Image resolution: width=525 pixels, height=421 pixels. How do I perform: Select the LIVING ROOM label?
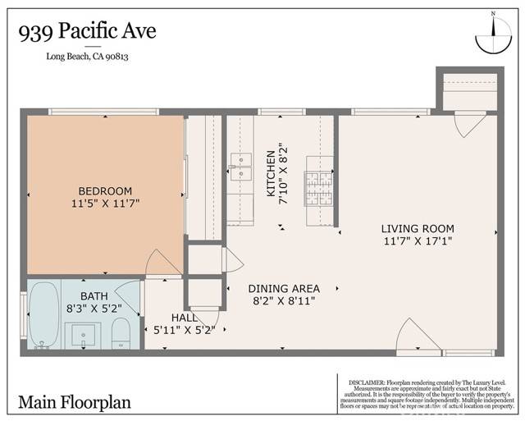(418, 229)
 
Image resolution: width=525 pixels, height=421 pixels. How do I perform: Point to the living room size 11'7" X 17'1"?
(418, 241)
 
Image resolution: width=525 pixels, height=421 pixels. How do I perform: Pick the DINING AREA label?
(283, 288)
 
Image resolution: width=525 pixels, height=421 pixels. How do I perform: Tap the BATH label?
(93, 296)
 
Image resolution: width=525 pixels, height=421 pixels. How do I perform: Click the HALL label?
(184, 318)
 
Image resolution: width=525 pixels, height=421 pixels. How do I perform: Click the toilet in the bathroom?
(121, 333)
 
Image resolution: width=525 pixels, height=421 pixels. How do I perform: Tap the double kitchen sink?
(240, 166)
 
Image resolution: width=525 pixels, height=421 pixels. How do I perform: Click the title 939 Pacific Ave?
(86, 32)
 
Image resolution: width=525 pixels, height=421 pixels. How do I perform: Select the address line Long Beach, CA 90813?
(87, 56)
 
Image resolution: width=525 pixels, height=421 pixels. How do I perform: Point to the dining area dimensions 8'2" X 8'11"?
(283, 300)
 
